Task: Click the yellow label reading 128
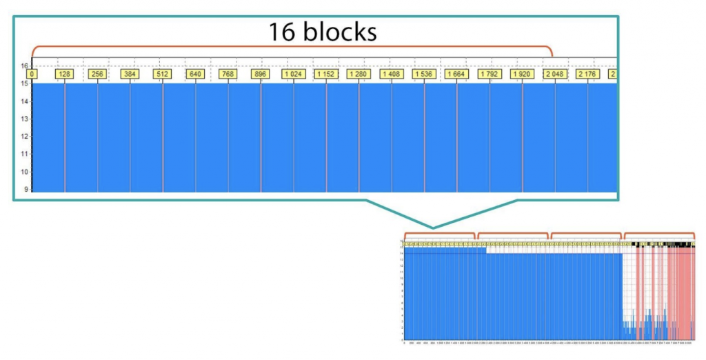coord(64,73)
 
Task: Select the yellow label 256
coord(97,73)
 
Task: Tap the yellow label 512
coord(162,73)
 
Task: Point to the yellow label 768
coord(228,73)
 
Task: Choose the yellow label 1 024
coord(293,73)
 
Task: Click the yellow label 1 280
coord(359,73)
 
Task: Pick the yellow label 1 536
coord(423,73)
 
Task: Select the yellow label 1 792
coord(489,73)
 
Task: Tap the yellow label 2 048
coord(554,73)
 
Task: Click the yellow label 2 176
coord(587,73)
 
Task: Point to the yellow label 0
coord(32,73)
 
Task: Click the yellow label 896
coord(260,73)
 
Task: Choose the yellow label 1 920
coord(522,73)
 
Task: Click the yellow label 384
coord(130,73)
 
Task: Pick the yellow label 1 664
coord(456,73)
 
